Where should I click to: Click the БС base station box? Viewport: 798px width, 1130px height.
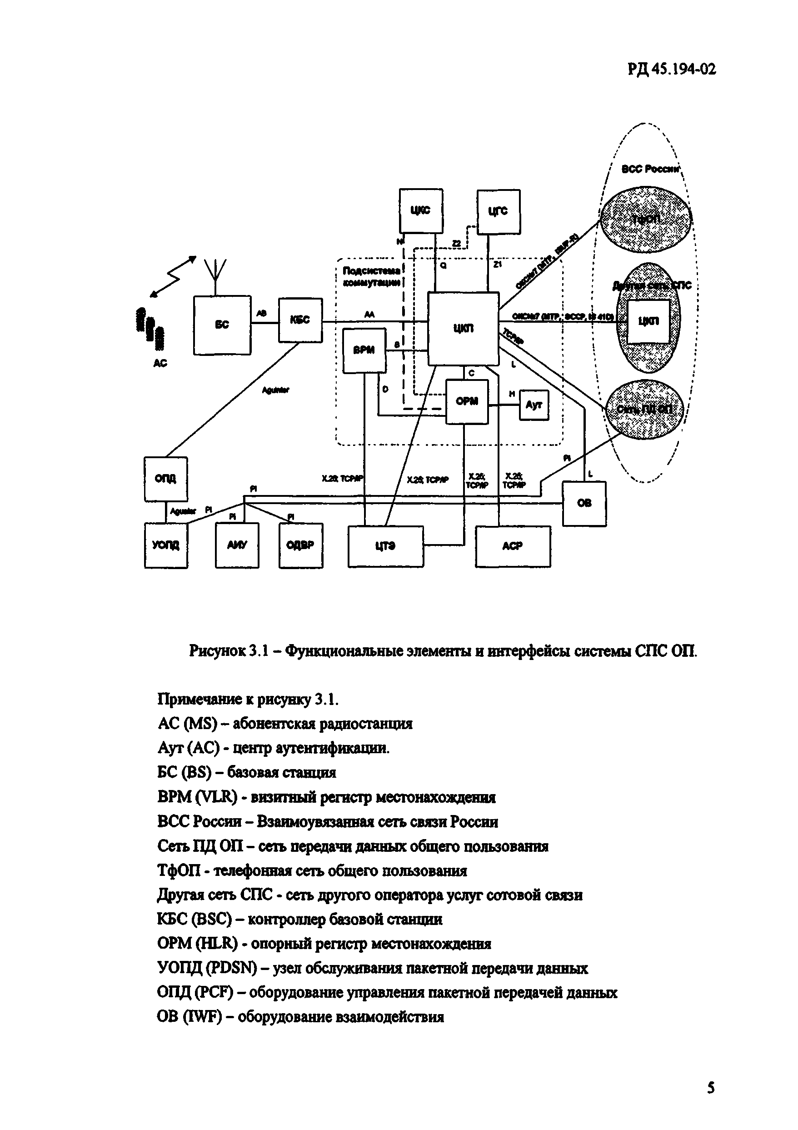222,325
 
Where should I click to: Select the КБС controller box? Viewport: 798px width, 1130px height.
300,320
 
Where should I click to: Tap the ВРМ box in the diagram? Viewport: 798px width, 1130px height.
364,350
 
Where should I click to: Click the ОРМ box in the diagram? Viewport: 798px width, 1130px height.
467,402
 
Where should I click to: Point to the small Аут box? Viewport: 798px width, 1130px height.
534,405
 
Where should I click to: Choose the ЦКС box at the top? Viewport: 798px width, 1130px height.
421,210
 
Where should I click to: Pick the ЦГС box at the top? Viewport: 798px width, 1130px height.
499,212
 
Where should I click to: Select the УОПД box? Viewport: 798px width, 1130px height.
166,545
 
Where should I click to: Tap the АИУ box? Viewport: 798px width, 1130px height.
237,545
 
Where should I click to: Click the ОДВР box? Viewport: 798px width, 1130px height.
300,545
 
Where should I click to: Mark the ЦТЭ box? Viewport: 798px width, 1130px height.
385,546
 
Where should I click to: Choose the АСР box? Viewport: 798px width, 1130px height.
513,546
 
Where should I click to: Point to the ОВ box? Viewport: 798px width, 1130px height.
584,504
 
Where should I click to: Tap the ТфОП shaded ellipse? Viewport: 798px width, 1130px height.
645,219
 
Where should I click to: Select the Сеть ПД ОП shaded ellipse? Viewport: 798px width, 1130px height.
644,410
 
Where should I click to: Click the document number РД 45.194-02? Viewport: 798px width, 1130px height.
672,69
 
